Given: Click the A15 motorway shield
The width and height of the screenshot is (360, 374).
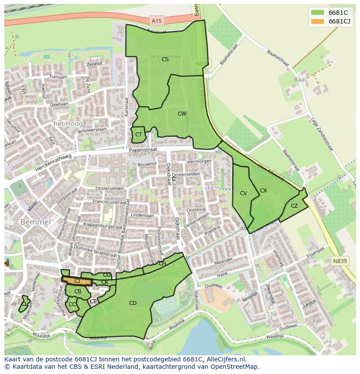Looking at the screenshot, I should tap(157, 20).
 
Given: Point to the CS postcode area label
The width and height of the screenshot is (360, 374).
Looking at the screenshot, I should tap(165, 60).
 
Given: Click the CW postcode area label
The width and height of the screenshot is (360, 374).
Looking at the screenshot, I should tap(182, 114).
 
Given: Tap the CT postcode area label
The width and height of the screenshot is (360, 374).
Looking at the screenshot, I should tap(138, 135).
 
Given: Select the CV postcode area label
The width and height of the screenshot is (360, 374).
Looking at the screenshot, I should tap(243, 193).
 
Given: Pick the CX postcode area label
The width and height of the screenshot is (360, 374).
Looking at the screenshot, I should tap(263, 190).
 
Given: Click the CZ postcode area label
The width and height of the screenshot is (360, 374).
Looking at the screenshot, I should tap(294, 206).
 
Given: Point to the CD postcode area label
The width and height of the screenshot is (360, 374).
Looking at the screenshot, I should tap(133, 303).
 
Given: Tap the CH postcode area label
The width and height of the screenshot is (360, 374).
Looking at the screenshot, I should tap(162, 264).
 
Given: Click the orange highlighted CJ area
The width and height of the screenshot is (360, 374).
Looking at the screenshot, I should tap(77, 281).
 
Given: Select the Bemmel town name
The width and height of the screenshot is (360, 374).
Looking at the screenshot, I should tap(35, 222).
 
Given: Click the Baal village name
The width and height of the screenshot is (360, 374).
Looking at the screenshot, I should tap(300, 80).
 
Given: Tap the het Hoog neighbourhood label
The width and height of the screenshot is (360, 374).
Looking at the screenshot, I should tap(68, 124).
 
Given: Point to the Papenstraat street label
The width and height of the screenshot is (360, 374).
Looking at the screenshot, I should tap(141, 149).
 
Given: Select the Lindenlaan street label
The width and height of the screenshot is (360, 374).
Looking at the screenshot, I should tap(142, 215).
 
